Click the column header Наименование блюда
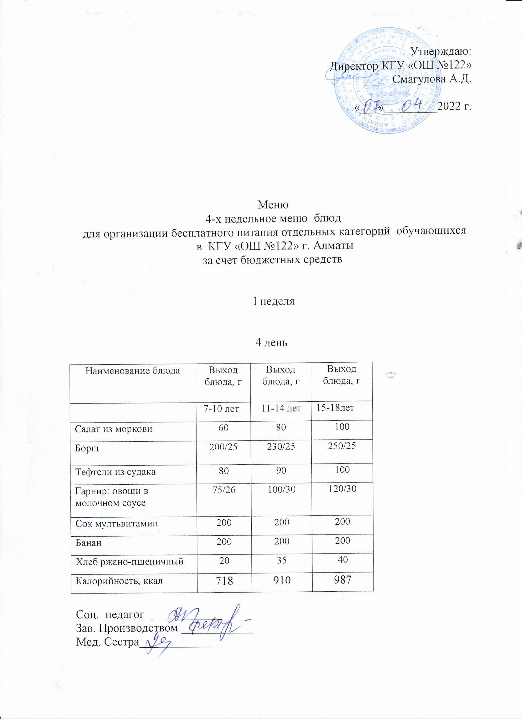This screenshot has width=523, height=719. tap(133, 370)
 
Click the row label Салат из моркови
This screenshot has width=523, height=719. tap(114, 429)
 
